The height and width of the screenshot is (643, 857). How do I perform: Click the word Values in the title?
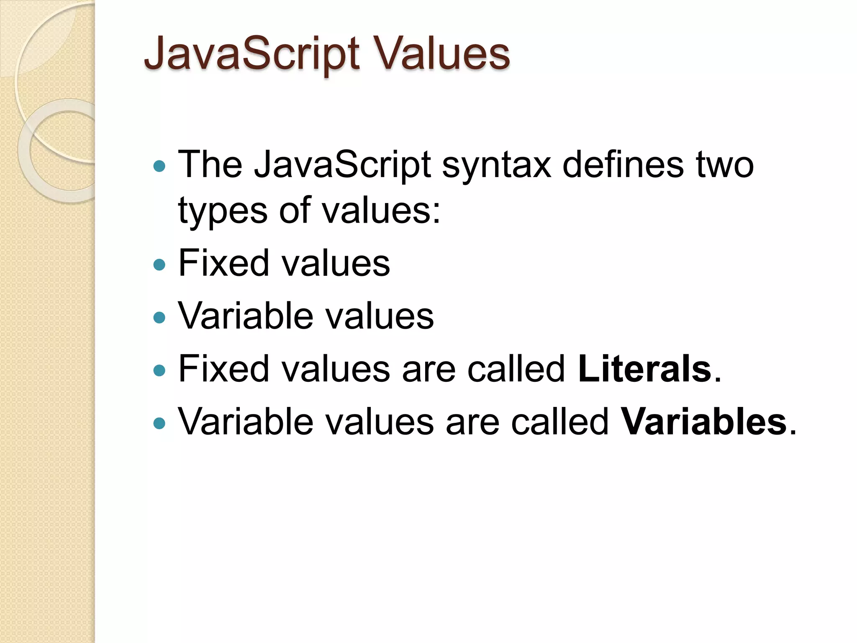[443, 54]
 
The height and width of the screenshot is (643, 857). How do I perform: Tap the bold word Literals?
[644, 369]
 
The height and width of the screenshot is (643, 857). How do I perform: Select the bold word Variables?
[703, 422]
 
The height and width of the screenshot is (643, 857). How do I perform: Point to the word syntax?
[497, 165]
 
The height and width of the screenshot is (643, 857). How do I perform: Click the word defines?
[623, 164]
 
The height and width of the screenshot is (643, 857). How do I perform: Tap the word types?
[223, 211]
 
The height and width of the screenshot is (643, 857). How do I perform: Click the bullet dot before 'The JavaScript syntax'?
[159, 166]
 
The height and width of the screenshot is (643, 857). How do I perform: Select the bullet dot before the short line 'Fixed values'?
[159, 265]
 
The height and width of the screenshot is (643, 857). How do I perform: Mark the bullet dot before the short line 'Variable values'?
[159, 317]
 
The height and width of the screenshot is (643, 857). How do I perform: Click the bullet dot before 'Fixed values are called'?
[159, 370]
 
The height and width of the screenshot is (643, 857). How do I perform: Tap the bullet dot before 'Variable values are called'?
[159, 423]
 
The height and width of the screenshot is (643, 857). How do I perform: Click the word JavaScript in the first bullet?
[342, 165]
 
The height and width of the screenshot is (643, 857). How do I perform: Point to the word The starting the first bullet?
[210, 164]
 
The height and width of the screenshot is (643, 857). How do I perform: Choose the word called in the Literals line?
[516, 369]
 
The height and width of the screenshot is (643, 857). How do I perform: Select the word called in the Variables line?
[559, 422]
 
